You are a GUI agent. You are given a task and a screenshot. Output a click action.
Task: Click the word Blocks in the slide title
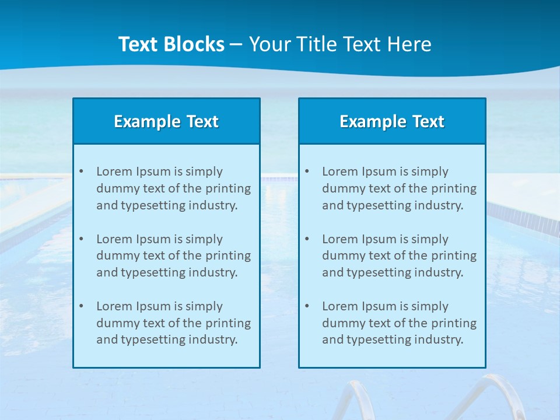tap(195, 44)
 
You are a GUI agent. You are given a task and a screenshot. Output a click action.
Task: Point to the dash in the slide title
tap(236, 45)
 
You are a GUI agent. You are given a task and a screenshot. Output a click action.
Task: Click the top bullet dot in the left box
tap(81, 171)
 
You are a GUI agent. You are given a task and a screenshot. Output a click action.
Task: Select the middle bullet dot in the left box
tap(81, 239)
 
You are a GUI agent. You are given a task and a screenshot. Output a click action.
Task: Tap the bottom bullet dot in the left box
tap(81, 306)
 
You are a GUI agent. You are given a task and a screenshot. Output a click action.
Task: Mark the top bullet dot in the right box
tap(307, 171)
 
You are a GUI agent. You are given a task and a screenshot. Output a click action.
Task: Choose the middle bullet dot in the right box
tap(307, 239)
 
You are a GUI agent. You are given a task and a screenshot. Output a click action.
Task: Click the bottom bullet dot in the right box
tap(307, 306)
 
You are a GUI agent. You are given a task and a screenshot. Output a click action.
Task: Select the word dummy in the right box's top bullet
tap(340, 188)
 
